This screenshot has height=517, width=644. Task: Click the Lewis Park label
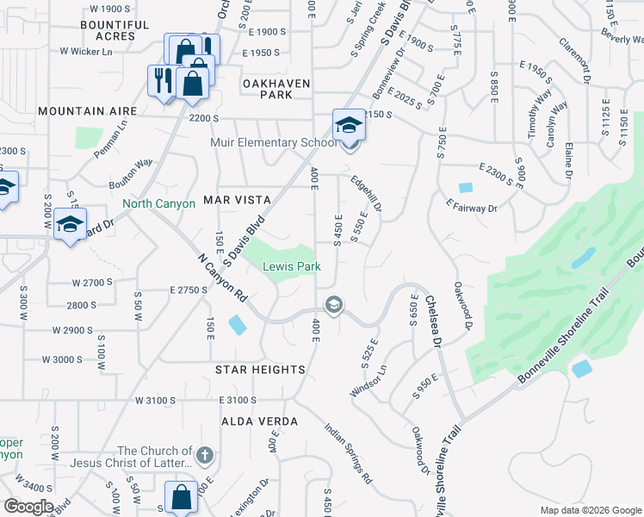(291, 267)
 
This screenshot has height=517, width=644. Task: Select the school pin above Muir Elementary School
(350, 125)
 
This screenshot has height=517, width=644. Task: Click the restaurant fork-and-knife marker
(161, 82)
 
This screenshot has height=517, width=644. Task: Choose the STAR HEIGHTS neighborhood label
(259, 370)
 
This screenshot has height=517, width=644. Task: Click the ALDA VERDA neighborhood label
(259, 421)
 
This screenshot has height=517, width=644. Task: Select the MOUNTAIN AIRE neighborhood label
(87, 112)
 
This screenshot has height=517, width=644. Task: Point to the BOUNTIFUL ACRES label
(108, 31)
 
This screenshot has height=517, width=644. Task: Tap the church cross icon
(203, 454)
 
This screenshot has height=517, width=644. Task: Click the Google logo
(28, 507)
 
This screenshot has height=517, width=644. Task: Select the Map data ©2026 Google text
(591, 510)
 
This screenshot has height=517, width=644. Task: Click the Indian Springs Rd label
(349, 452)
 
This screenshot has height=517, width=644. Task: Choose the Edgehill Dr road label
(366, 196)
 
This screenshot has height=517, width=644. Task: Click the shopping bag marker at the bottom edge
(181, 498)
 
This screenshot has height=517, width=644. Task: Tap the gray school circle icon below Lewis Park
(333, 305)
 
